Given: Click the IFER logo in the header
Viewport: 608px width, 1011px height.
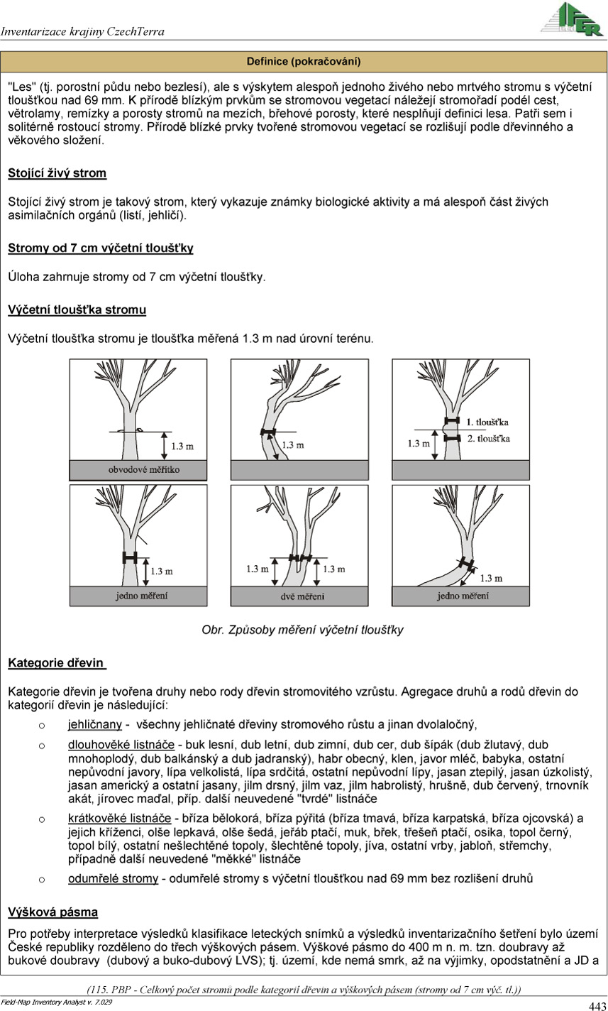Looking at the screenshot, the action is pos(572,19).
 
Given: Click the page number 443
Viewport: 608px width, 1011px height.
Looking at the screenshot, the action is pos(597,1005).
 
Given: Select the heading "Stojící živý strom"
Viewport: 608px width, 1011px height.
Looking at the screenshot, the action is pos(57,173).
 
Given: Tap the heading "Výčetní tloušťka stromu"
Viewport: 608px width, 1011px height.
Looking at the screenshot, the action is pos(77,310).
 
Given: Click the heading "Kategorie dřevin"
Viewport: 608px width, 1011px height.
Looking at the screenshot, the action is pos(57,662).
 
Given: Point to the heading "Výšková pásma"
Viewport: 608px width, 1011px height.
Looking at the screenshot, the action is pos(52,912).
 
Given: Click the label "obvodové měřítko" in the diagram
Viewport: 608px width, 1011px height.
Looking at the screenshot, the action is pos(144,469).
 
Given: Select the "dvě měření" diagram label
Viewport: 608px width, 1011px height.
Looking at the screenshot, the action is pos(302,596).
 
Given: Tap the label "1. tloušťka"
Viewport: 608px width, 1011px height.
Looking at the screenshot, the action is pos(487,422).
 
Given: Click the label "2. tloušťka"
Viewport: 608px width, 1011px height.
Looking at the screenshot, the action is pos(489,438).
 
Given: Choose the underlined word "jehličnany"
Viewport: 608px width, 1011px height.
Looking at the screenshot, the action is pos(95,724).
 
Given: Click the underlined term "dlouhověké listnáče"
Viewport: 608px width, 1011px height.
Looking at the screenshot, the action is pos(121,745).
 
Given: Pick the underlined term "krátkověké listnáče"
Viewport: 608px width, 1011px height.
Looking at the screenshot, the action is pos(119,819).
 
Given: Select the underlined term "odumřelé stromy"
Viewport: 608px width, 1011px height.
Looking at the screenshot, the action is pos(114,878).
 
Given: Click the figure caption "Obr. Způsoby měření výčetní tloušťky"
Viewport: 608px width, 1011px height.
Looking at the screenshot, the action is pos(302,630).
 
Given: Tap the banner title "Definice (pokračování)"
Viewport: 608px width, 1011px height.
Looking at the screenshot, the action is pos(304,61).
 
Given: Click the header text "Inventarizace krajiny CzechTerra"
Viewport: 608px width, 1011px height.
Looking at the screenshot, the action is pos(82,31).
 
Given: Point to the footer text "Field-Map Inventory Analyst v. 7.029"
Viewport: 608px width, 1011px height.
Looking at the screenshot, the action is pos(56,1002).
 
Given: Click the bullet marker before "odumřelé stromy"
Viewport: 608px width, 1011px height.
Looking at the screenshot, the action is pos(41,879).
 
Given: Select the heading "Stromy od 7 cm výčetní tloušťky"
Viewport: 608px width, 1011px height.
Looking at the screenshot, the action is pos(101,248).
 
